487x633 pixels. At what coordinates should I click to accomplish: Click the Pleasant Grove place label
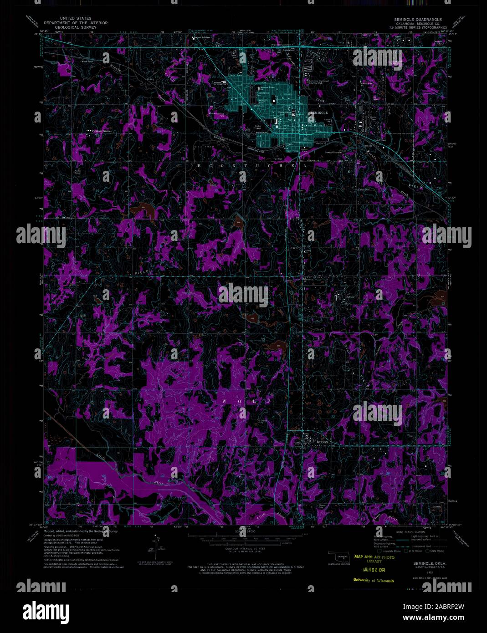pyautogui.click(x=102, y=132)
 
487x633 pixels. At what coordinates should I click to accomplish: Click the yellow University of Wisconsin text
pyautogui.click(x=373, y=580)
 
